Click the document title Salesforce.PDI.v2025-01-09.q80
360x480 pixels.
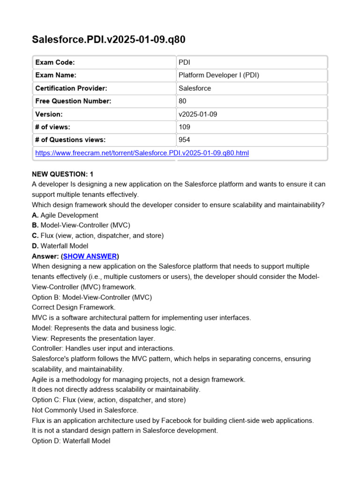(x=108, y=40)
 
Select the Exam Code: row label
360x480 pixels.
(x=55, y=62)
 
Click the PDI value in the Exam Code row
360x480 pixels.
(x=184, y=62)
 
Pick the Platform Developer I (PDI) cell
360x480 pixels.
(x=218, y=75)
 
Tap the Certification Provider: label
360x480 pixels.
(x=71, y=88)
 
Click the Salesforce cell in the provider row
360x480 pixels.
(x=195, y=88)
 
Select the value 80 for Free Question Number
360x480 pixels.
(x=182, y=101)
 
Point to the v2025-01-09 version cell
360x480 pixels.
(x=197, y=114)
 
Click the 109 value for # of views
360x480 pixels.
(x=184, y=127)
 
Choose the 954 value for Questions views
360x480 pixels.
(x=184, y=140)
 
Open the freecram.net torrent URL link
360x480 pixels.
(x=142, y=153)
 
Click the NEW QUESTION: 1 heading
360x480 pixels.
(x=63, y=174)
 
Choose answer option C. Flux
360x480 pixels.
(x=97, y=235)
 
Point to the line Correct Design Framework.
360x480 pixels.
(x=73, y=307)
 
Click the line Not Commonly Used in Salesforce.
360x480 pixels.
(x=85, y=410)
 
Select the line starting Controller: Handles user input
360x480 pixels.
(x=103, y=348)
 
